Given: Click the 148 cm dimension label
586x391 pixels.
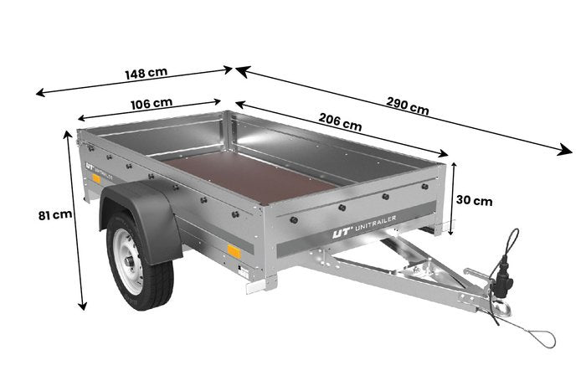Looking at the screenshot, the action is [146, 73].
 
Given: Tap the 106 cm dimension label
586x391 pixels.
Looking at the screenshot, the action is [152, 104].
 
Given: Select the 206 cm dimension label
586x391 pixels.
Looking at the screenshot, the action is [340, 122].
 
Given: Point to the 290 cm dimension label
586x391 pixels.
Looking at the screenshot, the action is [408, 105].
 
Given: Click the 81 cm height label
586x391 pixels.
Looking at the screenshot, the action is [55, 215].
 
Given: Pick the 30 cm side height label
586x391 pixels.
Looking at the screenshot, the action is [474, 201].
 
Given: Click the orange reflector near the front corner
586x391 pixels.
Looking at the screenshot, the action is [234, 251].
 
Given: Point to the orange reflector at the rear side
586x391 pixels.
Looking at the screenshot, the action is [96, 178].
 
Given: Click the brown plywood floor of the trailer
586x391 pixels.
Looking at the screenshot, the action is [250, 177].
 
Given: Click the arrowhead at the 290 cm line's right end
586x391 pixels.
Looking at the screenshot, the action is [565, 150].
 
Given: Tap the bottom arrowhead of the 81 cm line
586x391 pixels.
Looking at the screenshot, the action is [82, 304].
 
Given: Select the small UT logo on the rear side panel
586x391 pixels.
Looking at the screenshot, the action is [90, 166].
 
